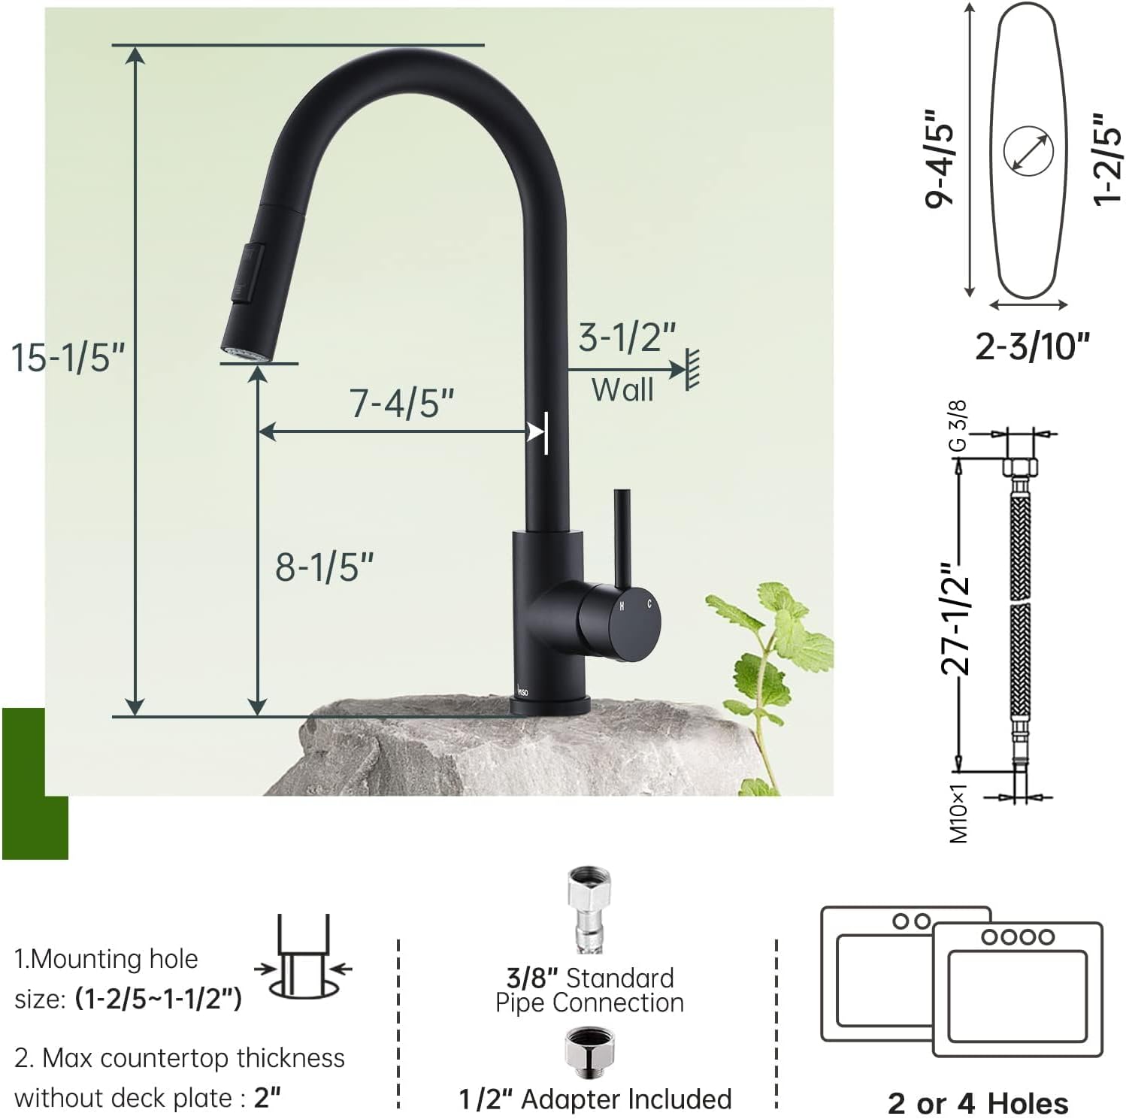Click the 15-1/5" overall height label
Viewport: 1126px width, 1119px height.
pyautogui.click(x=68, y=356)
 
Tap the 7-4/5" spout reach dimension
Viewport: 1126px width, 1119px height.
pyautogui.click(x=402, y=403)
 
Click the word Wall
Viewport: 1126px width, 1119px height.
pyautogui.click(x=622, y=390)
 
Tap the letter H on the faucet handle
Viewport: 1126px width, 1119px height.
pyautogui.click(x=622, y=606)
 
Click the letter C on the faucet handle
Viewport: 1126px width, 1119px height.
pyautogui.click(x=649, y=603)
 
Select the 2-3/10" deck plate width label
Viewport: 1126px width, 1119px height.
pyautogui.click(x=1032, y=346)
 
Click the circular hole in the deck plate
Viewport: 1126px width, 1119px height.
pyautogui.click(x=1028, y=152)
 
